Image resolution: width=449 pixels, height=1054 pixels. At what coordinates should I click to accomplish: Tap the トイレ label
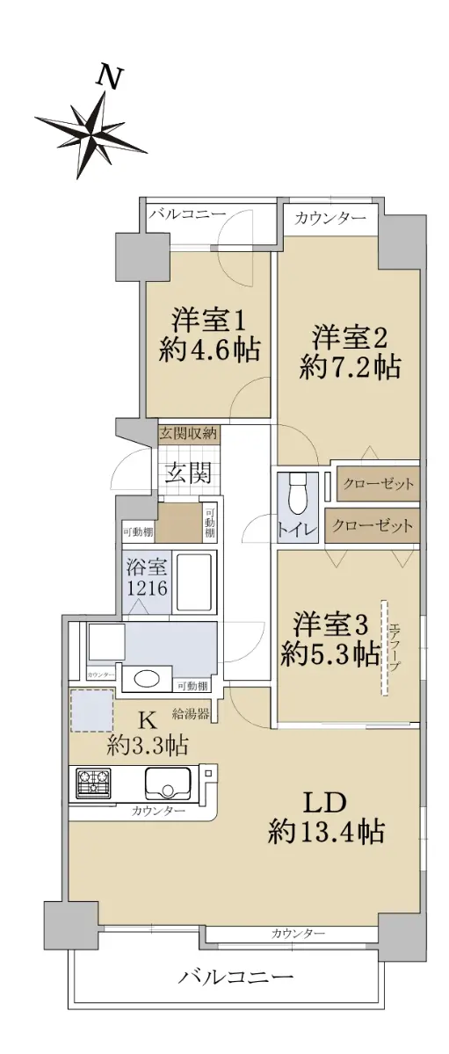coord(298,530)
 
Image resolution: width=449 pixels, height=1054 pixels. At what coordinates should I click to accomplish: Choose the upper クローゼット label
coord(379,484)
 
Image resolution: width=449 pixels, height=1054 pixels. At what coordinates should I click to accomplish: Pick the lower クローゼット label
coord(372,525)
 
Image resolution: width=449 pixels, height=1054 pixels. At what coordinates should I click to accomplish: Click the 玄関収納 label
coord(188,433)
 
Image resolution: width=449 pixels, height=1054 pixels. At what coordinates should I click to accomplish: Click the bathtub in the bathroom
coord(194,581)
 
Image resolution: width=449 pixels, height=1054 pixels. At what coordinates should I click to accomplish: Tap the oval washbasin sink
coord(147,678)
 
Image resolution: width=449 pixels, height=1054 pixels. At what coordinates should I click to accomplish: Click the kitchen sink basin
coord(168,783)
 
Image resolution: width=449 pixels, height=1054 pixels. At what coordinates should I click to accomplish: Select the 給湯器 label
coord(191,714)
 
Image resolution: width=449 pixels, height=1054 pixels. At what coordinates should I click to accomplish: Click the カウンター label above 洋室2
coord(330,218)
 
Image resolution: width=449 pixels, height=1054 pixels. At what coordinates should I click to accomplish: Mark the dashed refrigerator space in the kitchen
coord(91,711)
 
